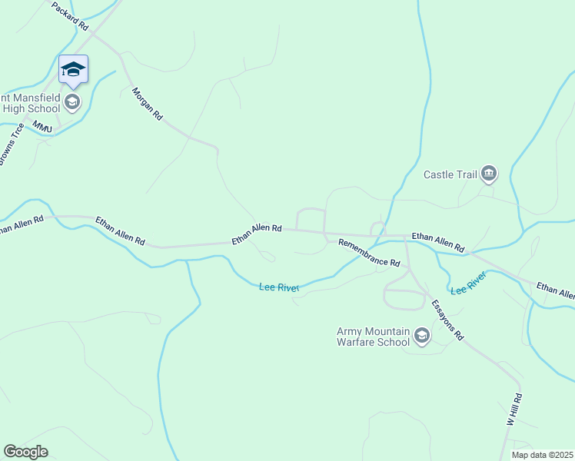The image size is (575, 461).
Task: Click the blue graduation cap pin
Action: (x=73, y=69)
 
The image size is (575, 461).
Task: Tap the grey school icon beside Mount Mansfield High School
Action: (x=72, y=102)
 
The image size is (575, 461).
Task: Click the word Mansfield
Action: (x=35, y=98)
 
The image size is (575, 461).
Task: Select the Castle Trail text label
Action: (x=450, y=174)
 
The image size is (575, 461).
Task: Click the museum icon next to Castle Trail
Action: (x=489, y=174)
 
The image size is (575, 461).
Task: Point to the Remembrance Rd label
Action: (x=369, y=253)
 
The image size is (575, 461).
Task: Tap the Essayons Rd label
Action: (x=447, y=320)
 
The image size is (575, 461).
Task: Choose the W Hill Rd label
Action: (x=514, y=410)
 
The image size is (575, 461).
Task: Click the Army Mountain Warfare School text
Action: (x=373, y=337)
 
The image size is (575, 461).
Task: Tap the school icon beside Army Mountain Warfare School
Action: (x=421, y=336)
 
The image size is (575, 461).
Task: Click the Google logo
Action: (x=26, y=453)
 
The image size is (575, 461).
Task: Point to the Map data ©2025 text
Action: (x=542, y=455)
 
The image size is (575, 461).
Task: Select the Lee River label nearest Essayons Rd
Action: (x=468, y=284)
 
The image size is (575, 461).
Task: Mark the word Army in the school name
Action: (x=350, y=331)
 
